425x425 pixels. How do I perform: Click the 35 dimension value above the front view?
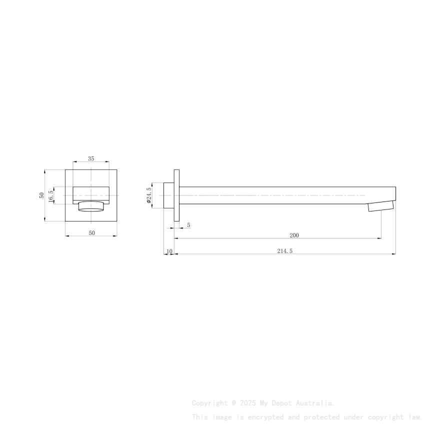tap(91, 158)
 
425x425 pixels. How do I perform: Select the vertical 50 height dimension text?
tap(42, 195)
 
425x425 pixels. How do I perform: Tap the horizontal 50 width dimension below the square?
tap(91, 233)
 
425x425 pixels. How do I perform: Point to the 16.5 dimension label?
tap(51, 195)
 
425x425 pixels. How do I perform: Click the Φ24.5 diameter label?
tap(148, 195)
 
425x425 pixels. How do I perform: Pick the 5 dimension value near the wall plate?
tap(188, 225)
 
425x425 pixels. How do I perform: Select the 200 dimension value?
tap(294, 235)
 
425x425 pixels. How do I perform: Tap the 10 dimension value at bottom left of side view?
tap(169, 251)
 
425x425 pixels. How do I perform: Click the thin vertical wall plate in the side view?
tap(176, 195)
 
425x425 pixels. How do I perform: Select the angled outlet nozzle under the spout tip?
tap(381, 206)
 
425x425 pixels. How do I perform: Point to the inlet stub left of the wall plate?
tap(169, 195)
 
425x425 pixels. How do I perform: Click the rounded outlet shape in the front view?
tap(91, 207)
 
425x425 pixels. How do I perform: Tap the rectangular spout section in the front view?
tap(91, 193)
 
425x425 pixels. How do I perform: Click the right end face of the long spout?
tap(395, 195)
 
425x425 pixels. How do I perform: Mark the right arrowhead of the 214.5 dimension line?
tap(393, 254)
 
